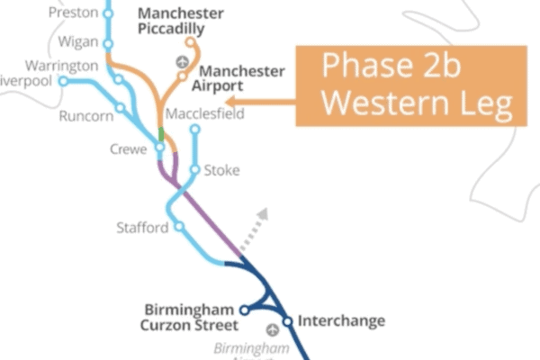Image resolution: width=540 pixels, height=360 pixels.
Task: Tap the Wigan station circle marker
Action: point(109,43)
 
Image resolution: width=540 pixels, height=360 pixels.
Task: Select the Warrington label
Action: point(61,67)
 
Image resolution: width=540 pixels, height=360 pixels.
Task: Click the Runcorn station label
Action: point(86,116)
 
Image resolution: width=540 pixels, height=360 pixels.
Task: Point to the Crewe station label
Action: point(127,149)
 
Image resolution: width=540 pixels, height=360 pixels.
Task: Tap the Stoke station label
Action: point(221,170)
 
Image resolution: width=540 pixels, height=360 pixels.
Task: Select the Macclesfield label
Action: point(205,114)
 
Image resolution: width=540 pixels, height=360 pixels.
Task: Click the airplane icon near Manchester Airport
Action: point(183,62)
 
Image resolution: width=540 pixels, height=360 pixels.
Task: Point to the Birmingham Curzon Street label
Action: point(192,318)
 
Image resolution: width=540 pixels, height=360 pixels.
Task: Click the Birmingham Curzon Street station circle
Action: point(244,311)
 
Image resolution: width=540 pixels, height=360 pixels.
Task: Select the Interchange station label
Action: point(341,320)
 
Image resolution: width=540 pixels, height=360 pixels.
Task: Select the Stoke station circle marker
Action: point(194,169)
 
